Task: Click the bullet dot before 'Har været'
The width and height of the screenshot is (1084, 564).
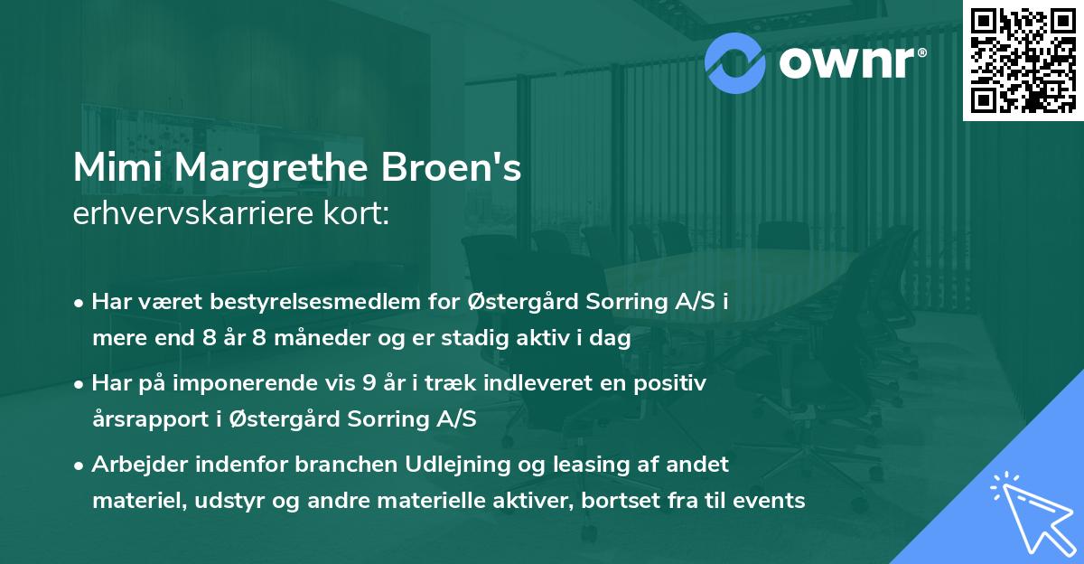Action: (80, 303)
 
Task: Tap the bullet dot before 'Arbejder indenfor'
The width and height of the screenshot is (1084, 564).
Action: (80, 465)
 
